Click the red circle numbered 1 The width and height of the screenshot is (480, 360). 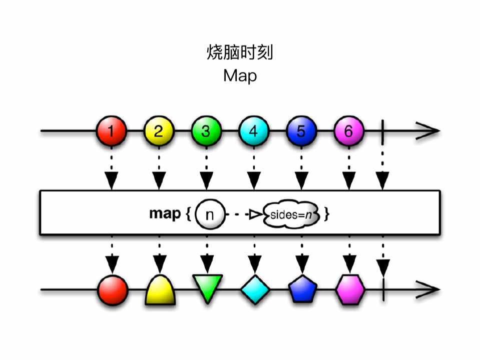tap(112, 131)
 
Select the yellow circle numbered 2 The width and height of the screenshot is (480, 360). tap(159, 131)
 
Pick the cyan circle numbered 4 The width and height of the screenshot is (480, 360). tap(253, 131)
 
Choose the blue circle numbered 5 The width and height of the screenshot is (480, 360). tap(301, 131)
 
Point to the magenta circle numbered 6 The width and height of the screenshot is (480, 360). tap(348, 131)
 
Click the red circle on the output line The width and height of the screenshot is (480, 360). tap(112, 289)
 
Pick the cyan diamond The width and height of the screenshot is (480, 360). tap(254, 289)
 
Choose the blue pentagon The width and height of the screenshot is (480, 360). tap(302, 290)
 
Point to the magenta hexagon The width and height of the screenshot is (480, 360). tap(350, 289)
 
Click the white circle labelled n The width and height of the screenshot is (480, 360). tap(210, 215)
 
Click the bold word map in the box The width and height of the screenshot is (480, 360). tap(165, 214)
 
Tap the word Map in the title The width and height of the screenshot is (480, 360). tap(240, 76)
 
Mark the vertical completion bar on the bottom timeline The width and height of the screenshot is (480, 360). tap(383, 289)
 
